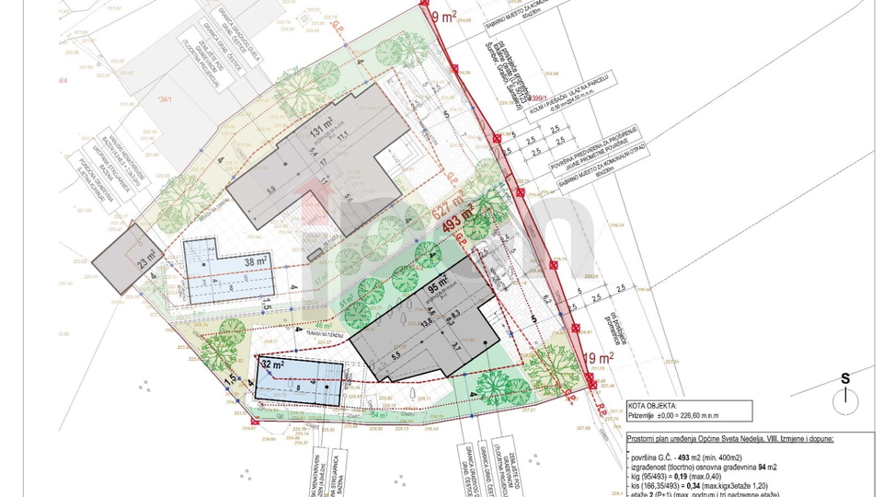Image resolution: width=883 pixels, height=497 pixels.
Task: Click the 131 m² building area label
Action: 319,131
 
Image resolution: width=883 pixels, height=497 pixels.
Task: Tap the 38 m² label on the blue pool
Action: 256,261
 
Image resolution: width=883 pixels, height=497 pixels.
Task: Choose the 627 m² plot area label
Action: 451,209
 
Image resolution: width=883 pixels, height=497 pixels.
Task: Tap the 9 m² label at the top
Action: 444,16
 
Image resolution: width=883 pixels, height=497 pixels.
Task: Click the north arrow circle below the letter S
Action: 844,397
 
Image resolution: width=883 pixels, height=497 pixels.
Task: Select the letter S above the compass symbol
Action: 843,377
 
